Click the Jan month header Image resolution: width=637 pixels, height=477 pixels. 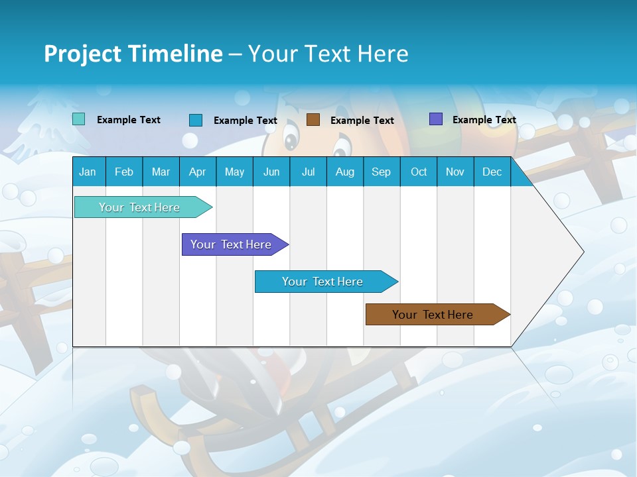coord(88,172)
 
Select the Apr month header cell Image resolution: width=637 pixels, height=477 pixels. coord(197,172)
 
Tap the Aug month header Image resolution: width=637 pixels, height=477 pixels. coord(344,172)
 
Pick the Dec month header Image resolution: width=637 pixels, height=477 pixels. coord(492,172)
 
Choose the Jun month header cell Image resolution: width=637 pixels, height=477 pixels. coord(271,172)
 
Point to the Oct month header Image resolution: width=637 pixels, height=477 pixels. coord(418,172)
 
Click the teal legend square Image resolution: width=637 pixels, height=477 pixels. coord(78,119)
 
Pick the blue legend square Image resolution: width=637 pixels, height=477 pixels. coord(195,120)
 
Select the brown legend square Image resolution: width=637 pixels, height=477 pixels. coord(313,119)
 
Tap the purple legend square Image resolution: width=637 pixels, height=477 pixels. coord(435,119)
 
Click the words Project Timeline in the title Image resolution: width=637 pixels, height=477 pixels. coord(133,54)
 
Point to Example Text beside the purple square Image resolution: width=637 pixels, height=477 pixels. coord(484,120)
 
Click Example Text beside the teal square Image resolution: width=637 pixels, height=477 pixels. coord(128,120)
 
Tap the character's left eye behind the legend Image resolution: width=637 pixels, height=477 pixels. coord(291,140)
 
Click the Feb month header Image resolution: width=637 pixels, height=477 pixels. coord(124,172)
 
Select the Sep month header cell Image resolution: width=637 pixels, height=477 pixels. coord(381,172)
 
